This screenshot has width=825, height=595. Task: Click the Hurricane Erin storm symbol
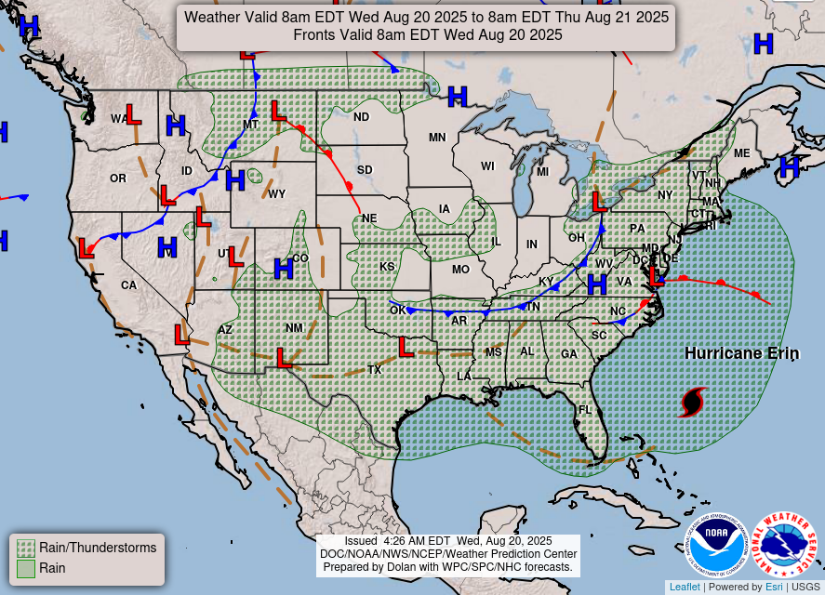(x=693, y=402)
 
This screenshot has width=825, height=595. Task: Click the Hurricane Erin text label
(x=728, y=353)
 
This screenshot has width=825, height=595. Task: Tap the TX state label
(x=375, y=370)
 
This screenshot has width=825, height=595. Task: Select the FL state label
(x=585, y=410)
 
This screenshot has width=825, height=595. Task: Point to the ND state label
(x=361, y=117)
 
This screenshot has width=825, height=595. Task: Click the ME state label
(x=741, y=153)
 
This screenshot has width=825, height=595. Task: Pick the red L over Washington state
(x=133, y=115)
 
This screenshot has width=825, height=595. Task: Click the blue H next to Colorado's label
(x=283, y=269)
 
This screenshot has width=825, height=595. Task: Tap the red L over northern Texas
(x=406, y=347)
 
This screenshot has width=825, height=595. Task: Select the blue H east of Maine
(x=789, y=167)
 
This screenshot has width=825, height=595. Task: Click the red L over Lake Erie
(x=599, y=201)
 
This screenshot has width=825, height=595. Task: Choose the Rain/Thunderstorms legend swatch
(x=26, y=548)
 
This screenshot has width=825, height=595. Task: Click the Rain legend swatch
(x=26, y=568)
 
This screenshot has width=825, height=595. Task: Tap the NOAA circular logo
(x=718, y=546)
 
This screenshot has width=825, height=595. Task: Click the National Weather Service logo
(x=784, y=546)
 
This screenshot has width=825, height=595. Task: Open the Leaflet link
(x=684, y=587)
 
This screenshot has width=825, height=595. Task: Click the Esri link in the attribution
(x=774, y=587)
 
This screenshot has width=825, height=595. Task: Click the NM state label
(x=294, y=328)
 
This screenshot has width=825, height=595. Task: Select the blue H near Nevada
(x=167, y=247)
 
